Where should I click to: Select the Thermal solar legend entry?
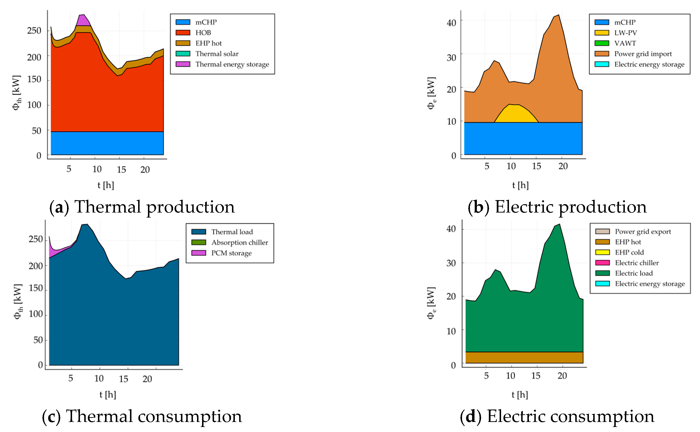coord(217,54)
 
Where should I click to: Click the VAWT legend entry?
coord(625,43)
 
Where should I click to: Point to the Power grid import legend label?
coord(643,54)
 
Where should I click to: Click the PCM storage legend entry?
coord(231,253)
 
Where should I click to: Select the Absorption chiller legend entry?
coord(239,243)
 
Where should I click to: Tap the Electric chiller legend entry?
coord(637,263)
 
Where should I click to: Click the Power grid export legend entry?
coord(643,231)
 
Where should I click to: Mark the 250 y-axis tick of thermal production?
coord(34,31)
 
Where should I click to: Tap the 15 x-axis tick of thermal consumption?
coord(123,379)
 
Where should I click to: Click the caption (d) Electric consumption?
coord(557,416)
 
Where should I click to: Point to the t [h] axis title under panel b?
coord(520,185)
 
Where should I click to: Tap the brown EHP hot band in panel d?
coord(524,357)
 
